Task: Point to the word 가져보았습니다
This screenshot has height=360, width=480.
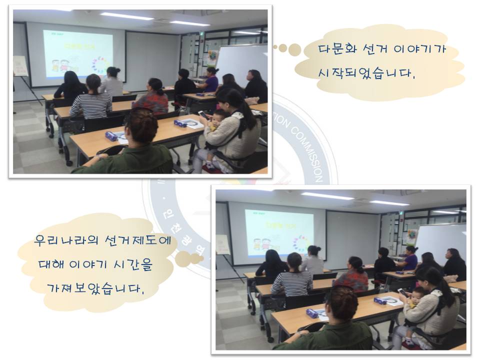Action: point(100,288)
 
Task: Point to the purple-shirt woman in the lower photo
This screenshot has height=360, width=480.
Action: point(409,258)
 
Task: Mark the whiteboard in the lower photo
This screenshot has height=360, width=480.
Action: point(440,242)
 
